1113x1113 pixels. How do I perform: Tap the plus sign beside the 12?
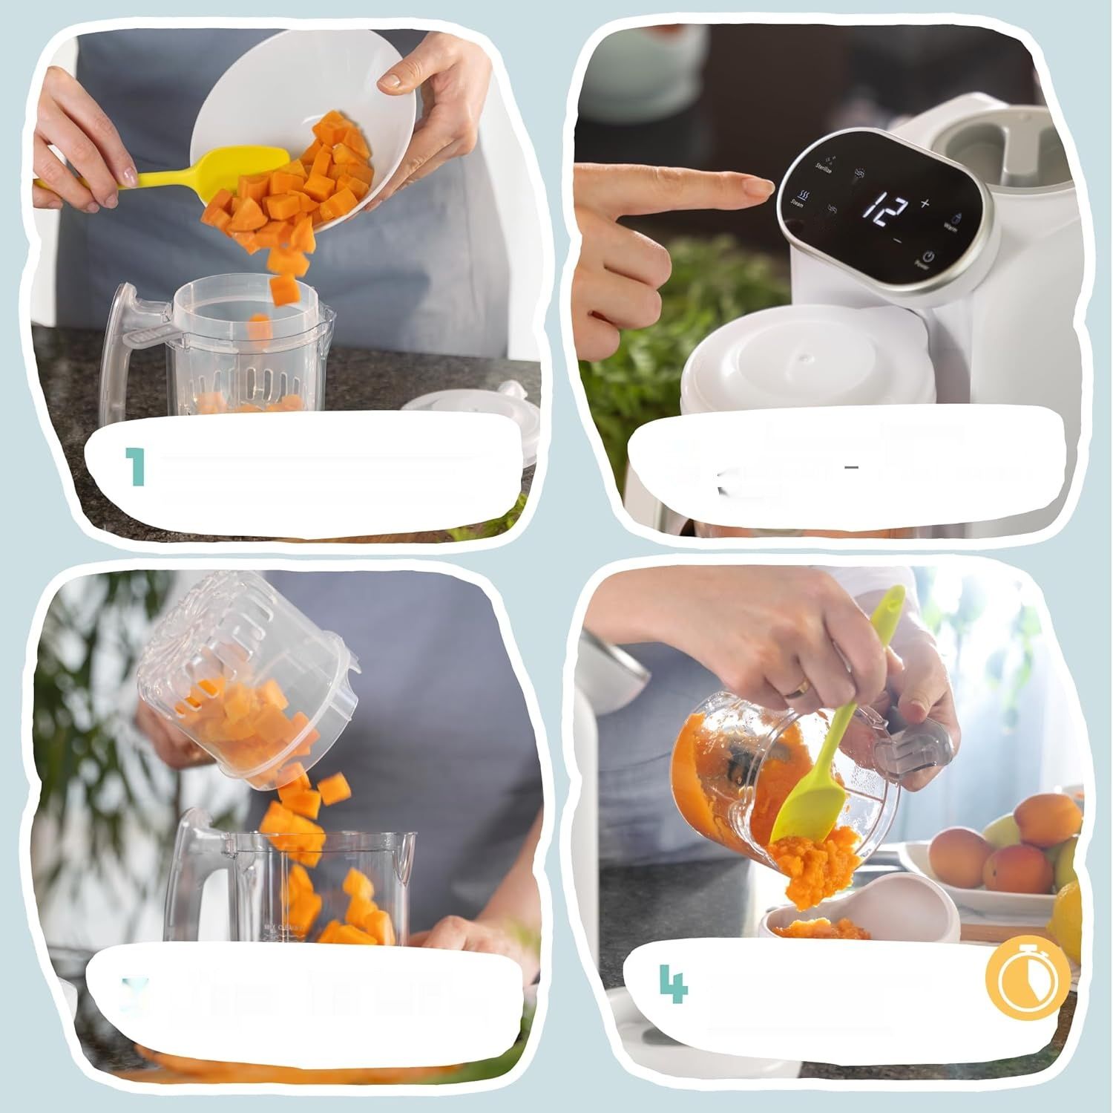click(925, 203)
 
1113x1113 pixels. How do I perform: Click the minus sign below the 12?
click(898, 240)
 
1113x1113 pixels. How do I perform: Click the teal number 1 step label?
click(135, 467)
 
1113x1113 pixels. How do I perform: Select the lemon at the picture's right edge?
click(1068, 921)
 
